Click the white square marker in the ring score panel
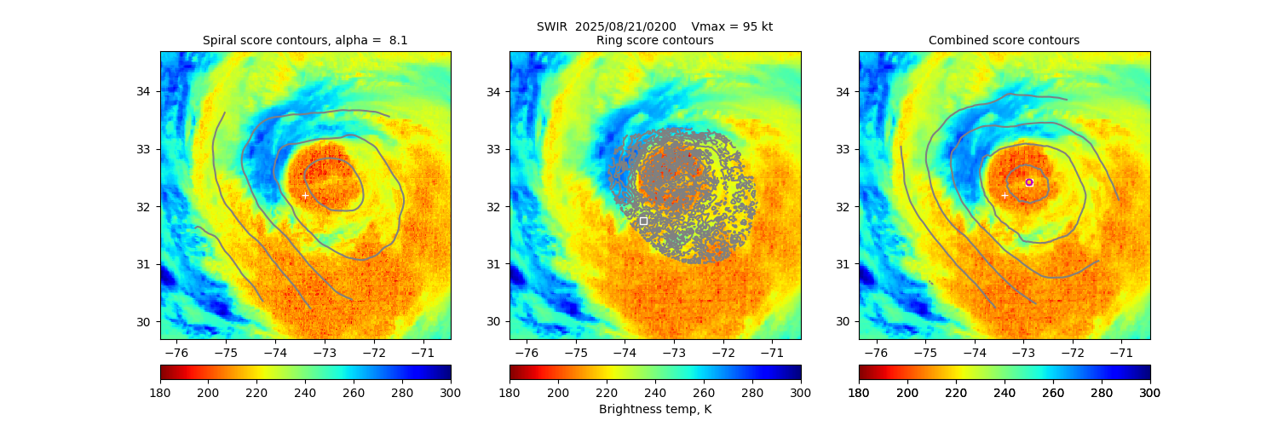[x=643, y=221]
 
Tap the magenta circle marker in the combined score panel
[x=1029, y=182]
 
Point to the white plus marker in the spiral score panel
[x=305, y=196]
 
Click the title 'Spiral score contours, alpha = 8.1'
[x=305, y=40]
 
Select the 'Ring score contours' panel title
[x=654, y=40]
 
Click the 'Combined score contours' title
[x=1004, y=40]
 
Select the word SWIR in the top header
[x=551, y=26]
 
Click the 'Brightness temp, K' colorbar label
[x=654, y=410]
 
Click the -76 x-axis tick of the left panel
[x=176, y=352]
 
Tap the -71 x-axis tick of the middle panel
[x=771, y=352]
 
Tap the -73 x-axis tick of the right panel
[x=1022, y=352]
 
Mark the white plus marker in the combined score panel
[x=1004, y=196]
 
